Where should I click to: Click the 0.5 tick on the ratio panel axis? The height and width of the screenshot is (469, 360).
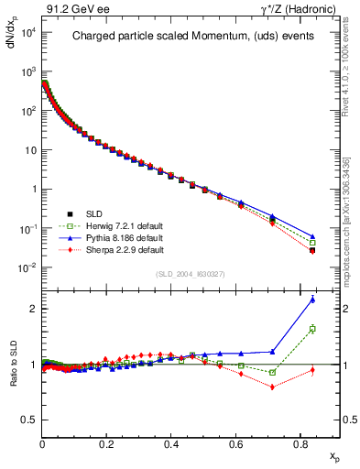pyautogui.click(x=28, y=420)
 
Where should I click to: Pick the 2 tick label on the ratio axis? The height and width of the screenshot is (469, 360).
pyautogui.click(x=32, y=309)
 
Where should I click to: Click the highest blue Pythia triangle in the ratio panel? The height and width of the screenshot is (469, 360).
pyautogui.click(x=312, y=300)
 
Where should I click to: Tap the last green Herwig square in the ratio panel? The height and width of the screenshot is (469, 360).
pyautogui.click(x=312, y=329)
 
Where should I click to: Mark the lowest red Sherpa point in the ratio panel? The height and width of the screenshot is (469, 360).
pyautogui.click(x=272, y=387)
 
